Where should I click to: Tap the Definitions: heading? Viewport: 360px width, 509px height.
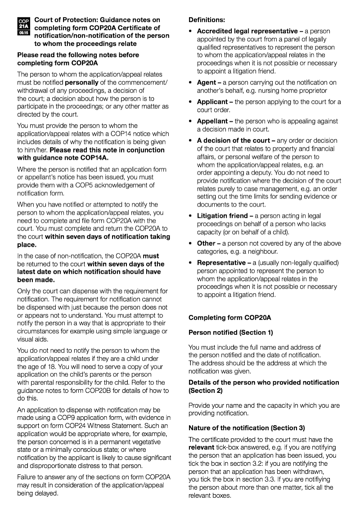207,20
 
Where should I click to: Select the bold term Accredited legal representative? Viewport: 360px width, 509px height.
247,31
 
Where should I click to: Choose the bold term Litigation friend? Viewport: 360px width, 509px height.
222,216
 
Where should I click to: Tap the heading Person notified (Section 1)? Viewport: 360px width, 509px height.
231,333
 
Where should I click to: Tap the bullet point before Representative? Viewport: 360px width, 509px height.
191,262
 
